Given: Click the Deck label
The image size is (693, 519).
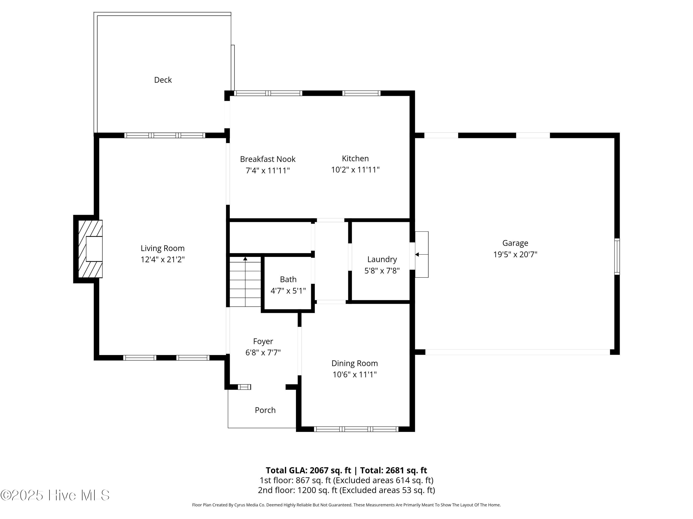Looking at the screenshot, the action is [163, 80].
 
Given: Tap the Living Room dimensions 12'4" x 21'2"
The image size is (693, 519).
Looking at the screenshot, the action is [163, 259].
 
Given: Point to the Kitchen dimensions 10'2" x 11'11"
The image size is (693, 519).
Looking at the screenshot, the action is [355, 170].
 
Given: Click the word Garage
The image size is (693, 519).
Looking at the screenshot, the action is [515, 243].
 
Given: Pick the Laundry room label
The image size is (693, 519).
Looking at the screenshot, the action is [382, 259].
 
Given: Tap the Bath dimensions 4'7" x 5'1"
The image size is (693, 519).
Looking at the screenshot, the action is [288, 291].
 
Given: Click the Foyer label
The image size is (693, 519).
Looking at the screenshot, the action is [263, 341].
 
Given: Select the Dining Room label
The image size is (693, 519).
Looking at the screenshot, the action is [355, 363].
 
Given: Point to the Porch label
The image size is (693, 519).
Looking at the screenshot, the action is [265, 410].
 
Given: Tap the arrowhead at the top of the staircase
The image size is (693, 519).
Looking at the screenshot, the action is [245, 259].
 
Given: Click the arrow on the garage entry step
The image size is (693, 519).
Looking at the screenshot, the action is [422, 254].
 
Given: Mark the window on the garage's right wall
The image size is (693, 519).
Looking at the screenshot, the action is [617, 257].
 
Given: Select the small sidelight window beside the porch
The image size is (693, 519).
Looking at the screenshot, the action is [244, 387].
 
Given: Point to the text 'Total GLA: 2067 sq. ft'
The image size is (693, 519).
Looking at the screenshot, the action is [309, 470].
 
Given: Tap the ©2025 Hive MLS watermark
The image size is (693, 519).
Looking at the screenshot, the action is [55, 495].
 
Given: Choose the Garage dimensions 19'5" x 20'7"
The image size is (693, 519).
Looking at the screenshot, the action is [515, 254].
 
